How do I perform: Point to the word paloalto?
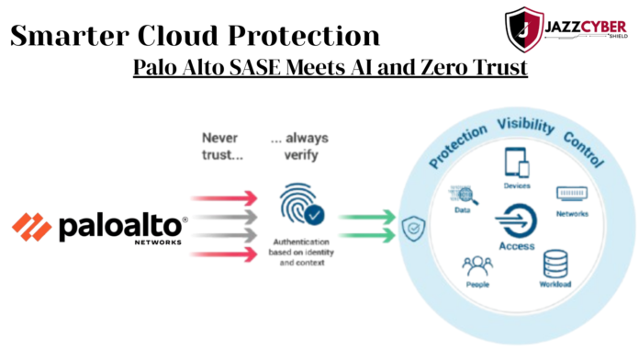click(122, 227)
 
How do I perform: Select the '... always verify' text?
click(298, 147)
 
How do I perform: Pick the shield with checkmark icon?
click(410, 230)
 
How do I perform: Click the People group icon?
click(477, 268)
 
